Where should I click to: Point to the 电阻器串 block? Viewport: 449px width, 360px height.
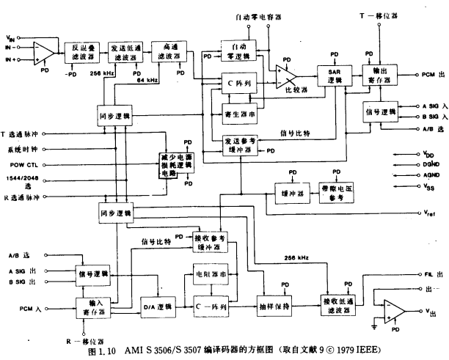coord(211,273)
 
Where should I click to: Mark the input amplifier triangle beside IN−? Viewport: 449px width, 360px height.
coord(44,50)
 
